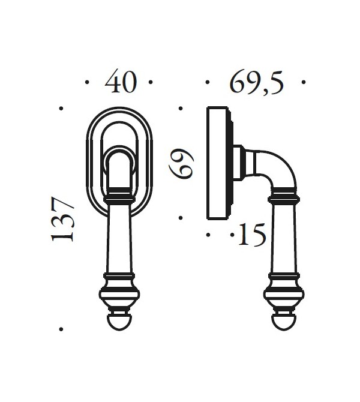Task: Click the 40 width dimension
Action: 121,82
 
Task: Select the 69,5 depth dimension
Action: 256,82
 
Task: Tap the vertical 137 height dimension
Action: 63,218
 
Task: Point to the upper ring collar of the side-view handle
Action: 282,196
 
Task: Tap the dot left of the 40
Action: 88,82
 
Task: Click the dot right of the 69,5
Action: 304,82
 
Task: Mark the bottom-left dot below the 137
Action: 61,329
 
